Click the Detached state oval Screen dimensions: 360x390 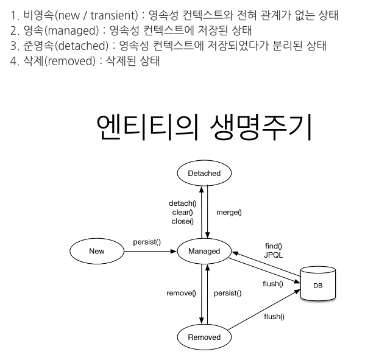(204, 173)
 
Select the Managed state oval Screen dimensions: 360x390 (204, 251)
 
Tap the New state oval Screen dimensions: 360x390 (97, 251)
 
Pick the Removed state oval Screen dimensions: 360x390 (204, 337)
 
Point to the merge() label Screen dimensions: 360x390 (229, 213)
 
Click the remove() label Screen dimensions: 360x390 (181, 293)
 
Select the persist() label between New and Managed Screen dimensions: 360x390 (147, 242)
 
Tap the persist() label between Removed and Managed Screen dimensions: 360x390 (227, 293)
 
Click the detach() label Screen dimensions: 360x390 (182, 203)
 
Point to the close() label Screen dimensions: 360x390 (182, 221)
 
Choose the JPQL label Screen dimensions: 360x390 (274, 255)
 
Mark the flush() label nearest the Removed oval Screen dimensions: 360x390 (274, 316)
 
